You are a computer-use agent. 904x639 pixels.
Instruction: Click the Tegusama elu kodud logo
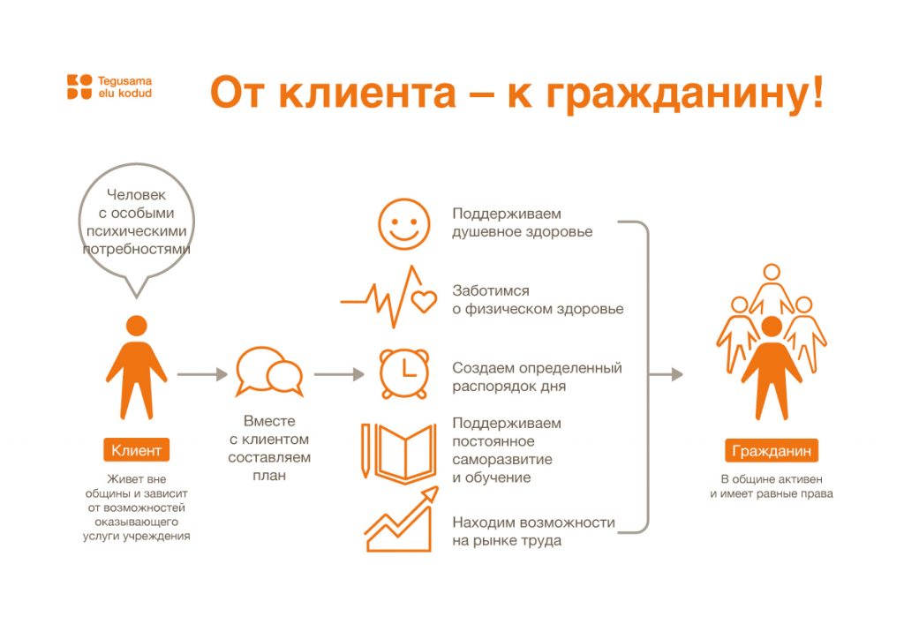pos(109,87)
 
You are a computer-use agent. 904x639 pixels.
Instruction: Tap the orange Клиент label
pos(137,450)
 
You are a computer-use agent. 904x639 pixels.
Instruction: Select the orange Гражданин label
pos(772,451)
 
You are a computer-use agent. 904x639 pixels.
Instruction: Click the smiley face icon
pos(404,224)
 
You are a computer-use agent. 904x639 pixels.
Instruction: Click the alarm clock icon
pos(404,374)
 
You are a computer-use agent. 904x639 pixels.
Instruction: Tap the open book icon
pos(405,451)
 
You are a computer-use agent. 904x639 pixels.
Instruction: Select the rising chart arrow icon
pos(402,519)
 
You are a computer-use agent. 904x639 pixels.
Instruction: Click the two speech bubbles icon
pos(269,372)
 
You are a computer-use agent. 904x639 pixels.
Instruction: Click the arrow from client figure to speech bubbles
pos(202,374)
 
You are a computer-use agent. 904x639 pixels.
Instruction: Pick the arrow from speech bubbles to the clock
pos(339,374)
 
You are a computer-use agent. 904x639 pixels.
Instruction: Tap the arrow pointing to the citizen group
pos(666,374)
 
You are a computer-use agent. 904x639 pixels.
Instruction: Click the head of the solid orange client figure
pos(137,327)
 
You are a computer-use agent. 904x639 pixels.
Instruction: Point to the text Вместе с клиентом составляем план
pos(269,448)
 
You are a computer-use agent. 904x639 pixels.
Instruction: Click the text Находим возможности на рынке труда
pos(534,531)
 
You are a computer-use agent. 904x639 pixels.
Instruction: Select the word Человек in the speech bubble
pos(137,195)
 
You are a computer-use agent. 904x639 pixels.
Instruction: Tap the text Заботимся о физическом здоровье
pos(538,299)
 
